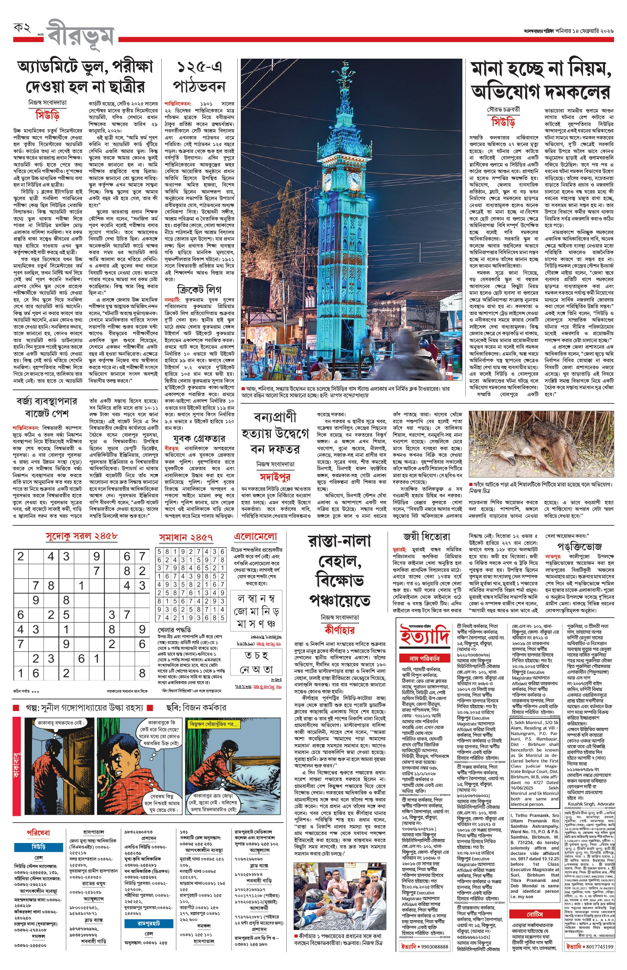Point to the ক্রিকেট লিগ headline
pyautogui.click(x=199, y=289)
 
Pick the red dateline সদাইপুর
pyautogui.click(x=275, y=477)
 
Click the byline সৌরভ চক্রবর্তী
pyautogui.click(x=503, y=110)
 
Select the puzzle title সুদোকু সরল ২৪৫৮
pyautogui.click(x=81, y=536)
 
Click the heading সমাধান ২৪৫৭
pyautogui.click(x=186, y=538)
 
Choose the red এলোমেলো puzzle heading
pyautogui.click(x=255, y=536)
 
